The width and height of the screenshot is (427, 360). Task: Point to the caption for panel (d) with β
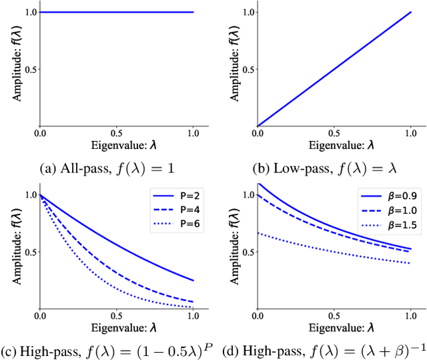click(x=322, y=349)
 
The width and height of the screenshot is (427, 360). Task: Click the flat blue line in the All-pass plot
click(x=117, y=12)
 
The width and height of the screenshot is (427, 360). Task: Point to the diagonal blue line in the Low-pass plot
click(x=334, y=69)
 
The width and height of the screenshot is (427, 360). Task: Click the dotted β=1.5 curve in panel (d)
click(x=334, y=250)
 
